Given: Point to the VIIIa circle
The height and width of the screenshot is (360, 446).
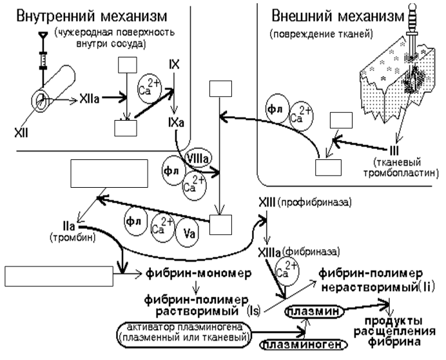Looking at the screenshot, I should point(197,157).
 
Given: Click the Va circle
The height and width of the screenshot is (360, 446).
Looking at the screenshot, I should point(187,234).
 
